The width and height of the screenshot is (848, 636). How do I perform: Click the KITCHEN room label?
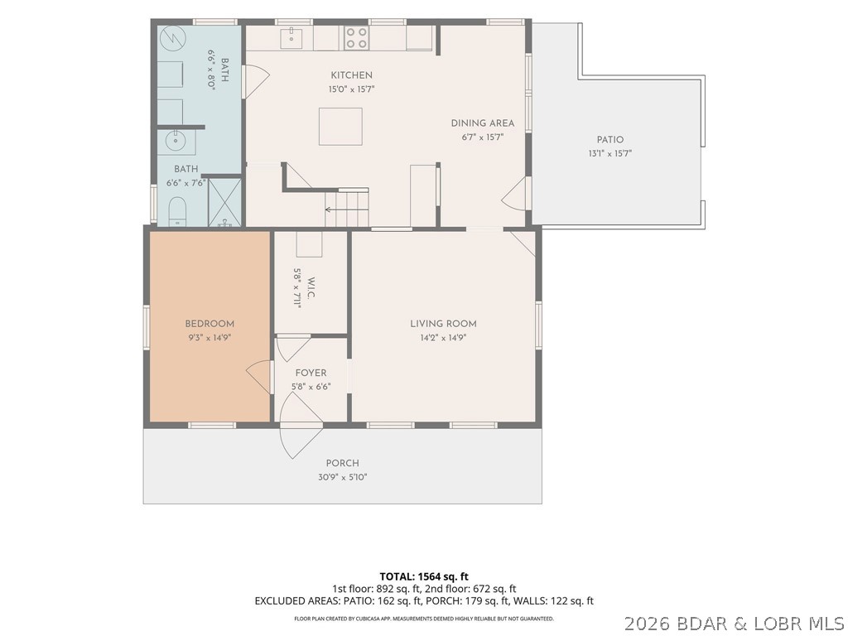pos(351,75)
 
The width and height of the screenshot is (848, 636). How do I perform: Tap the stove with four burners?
pos(356,38)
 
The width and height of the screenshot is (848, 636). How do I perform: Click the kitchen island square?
pos(340,127)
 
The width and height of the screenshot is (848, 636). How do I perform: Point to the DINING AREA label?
pos(483,123)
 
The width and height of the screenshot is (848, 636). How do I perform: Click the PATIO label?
pos(610,139)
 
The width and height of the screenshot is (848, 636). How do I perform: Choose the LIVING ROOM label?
pos(444,324)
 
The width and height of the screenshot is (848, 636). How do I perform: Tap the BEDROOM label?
pos(210,324)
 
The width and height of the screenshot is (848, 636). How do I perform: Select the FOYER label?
pos(311,373)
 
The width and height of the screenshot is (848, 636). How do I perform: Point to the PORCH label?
pos(342,464)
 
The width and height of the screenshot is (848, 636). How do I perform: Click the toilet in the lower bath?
pos(177,211)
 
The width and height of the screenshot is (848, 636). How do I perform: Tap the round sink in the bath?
pos(176,142)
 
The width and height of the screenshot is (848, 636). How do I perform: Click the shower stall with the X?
pos(224,202)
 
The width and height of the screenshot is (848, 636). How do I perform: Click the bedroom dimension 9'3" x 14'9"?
pos(210,338)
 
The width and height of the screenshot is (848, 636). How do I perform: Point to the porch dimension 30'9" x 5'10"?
pos(343,478)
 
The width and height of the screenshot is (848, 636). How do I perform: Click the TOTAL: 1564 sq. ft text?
pos(423,576)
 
